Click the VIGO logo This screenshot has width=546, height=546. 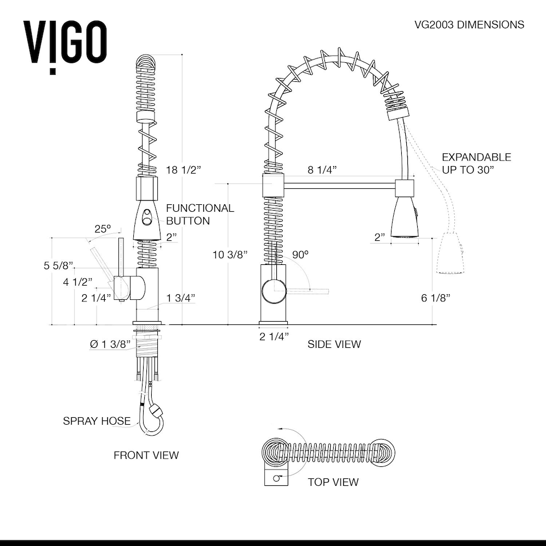click(65, 44)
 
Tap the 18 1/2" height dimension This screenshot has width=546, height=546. click(184, 170)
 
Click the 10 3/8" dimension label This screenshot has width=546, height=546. click(230, 254)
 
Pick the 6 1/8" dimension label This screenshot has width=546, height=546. click(435, 298)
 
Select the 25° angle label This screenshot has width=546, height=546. click(103, 229)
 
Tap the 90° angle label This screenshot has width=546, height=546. click(300, 254)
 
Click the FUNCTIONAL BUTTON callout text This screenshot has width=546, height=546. click(200, 215)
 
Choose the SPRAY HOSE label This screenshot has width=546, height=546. click(97, 421)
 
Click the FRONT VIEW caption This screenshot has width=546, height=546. click(146, 455)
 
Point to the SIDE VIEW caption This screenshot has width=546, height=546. click(334, 344)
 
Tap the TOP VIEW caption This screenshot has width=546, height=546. click(333, 482)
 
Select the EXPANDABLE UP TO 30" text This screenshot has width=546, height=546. click(476, 163)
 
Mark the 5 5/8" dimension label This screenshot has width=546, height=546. click(58, 266)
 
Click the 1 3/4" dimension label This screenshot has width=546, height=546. click(181, 298)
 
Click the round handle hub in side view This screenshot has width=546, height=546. click(272, 289)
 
